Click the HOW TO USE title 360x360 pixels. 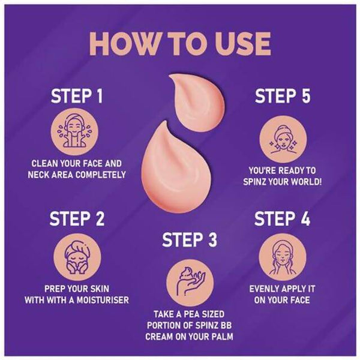tap(180, 44)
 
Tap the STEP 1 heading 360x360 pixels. tap(77, 96)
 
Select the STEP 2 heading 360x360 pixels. tap(77, 218)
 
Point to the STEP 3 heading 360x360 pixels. tap(190, 239)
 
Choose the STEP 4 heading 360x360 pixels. tap(282, 218)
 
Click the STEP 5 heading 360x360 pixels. tap(283, 96)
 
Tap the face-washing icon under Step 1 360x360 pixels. tap(74, 132)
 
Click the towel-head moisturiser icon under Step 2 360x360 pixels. tap(77, 257)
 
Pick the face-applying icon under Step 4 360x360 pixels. tap(283, 257)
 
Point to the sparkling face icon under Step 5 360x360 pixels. tap(283, 139)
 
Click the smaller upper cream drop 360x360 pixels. tap(197, 103)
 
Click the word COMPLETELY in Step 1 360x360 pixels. tap(101, 175)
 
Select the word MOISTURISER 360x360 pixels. tap(103, 300)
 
